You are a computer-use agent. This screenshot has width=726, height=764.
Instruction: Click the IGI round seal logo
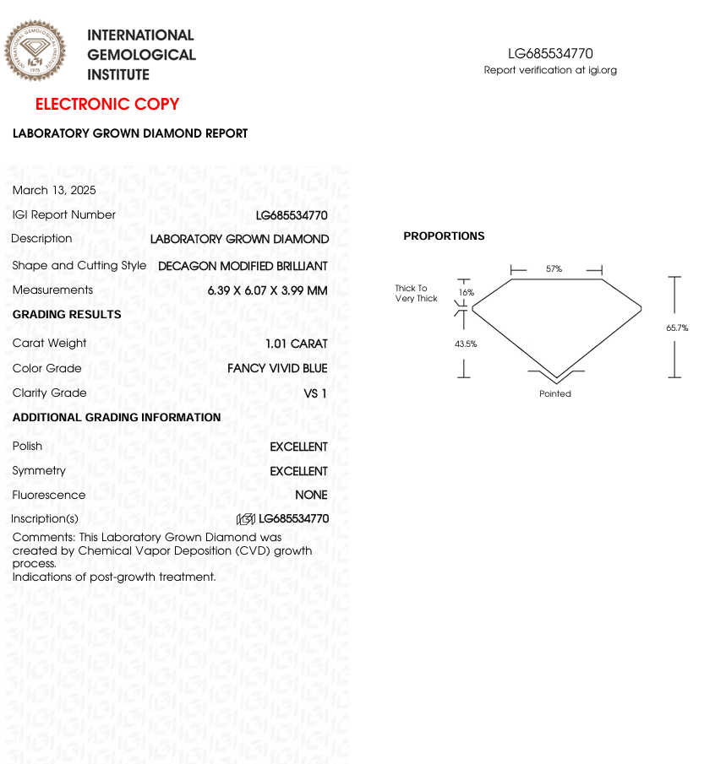[35, 51]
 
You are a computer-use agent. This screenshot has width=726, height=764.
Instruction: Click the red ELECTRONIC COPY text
[107, 105]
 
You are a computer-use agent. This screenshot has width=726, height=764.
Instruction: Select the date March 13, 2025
[54, 190]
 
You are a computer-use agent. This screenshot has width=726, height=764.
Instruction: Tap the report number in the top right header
[550, 54]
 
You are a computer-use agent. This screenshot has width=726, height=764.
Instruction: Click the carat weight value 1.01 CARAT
[296, 344]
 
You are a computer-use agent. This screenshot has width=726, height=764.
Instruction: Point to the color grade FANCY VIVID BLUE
[277, 368]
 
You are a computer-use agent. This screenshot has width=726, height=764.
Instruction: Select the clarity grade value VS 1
[314, 393]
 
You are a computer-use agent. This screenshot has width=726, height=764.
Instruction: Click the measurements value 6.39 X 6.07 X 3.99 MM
[267, 290]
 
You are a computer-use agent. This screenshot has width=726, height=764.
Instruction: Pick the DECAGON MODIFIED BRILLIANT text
[243, 266]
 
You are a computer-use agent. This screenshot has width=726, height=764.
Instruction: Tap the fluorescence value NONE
[311, 496]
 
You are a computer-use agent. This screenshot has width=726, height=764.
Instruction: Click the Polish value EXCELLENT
[298, 447]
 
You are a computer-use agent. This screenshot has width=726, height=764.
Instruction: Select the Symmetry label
[39, 470]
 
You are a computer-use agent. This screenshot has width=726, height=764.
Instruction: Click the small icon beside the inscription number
[246, 519]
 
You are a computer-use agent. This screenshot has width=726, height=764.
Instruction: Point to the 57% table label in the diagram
[554, 269]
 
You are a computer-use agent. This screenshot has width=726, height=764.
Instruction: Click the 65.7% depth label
[677, 328]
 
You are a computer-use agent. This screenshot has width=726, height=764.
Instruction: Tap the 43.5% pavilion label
[466, 344]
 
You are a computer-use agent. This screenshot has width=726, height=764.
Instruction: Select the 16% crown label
[466, 293]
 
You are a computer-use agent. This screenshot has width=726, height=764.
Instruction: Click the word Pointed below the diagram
[555, 394]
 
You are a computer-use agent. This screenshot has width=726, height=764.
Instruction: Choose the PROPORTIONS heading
[444, 236]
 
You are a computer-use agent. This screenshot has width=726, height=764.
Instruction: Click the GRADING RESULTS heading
[67, 315]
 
